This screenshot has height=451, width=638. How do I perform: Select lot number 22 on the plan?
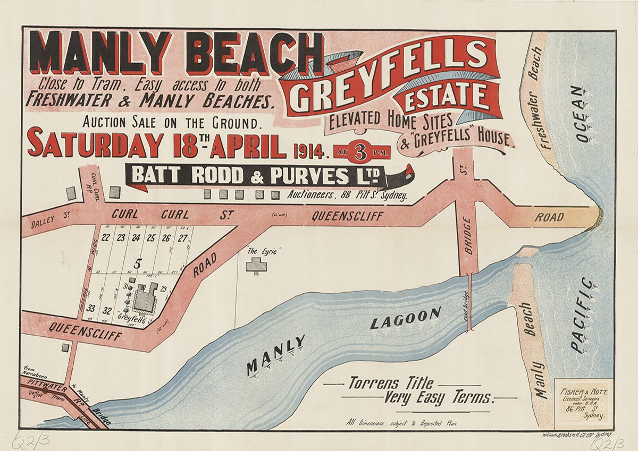pos(106,237)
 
